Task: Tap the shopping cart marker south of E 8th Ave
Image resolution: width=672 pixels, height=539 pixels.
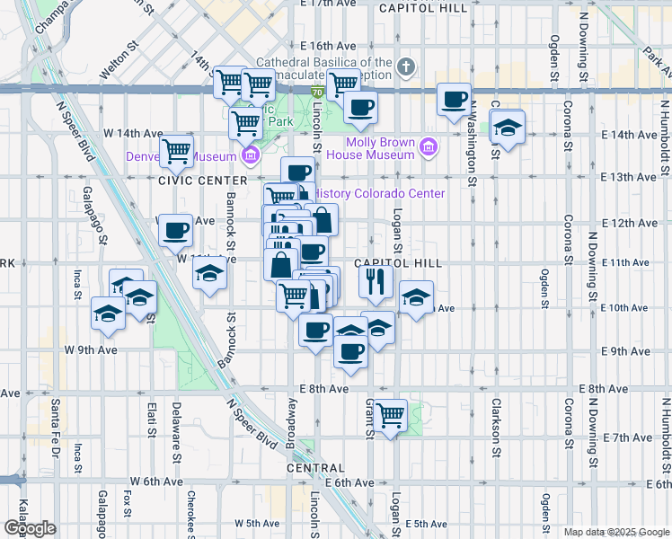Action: tap(390, 415)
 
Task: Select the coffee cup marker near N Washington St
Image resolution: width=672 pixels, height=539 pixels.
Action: tap(455, 99)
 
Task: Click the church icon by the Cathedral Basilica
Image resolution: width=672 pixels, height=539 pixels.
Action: tap(406, 66)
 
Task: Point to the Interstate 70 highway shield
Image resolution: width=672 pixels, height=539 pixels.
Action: tap(317, 92)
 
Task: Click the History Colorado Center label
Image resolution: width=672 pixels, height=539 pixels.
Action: tap(381, 193)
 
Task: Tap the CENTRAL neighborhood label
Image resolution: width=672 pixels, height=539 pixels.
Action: tap(315, 468)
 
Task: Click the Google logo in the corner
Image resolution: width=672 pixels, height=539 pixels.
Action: tap(30, 527)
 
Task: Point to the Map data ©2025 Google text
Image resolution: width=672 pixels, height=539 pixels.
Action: tap(615, 532)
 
